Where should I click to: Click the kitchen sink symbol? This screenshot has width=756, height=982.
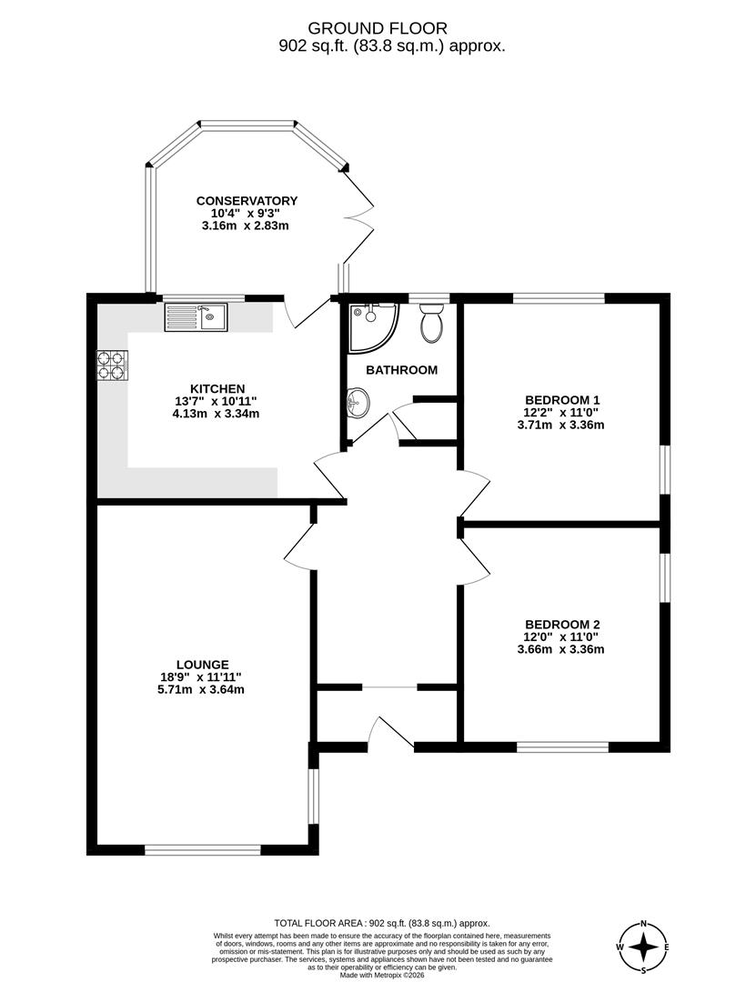pyautogui.click(x=198, y=317)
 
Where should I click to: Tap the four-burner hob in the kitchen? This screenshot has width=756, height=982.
pyautogui.click(x=113, y=364)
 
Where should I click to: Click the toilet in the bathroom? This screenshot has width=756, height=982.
pyautogui.click(x=431, y=324)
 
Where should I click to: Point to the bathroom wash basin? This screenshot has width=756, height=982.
pyautogui.click(x=358, y=401)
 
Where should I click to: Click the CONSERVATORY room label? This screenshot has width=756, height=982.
pyautogui.click(x=247, y=201)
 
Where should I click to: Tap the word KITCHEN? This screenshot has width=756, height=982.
pyautogui.click(x=217, y=388)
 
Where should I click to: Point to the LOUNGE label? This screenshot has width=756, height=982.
pyautogui.click(x=204, y=664)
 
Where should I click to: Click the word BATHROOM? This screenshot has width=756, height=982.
pyautogui.click(x=401, y=370)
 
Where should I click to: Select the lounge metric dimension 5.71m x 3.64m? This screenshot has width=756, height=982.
pyautogui.click(x=204, y=689)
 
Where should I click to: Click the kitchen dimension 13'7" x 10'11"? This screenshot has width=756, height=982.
pyautogui.click(x=217, y=401)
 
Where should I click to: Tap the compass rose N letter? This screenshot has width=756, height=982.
pyautogui.click(x=644, y=923)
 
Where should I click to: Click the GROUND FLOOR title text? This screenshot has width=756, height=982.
pyautogui.click(x=378, y=29)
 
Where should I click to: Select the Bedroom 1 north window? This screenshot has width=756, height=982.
pyautogui.click(x=559, y=297)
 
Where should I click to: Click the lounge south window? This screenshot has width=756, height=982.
pyautogui.click(x=203, y=850)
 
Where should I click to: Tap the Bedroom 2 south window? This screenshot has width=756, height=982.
pyautogui.click(x=562, y=747)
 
